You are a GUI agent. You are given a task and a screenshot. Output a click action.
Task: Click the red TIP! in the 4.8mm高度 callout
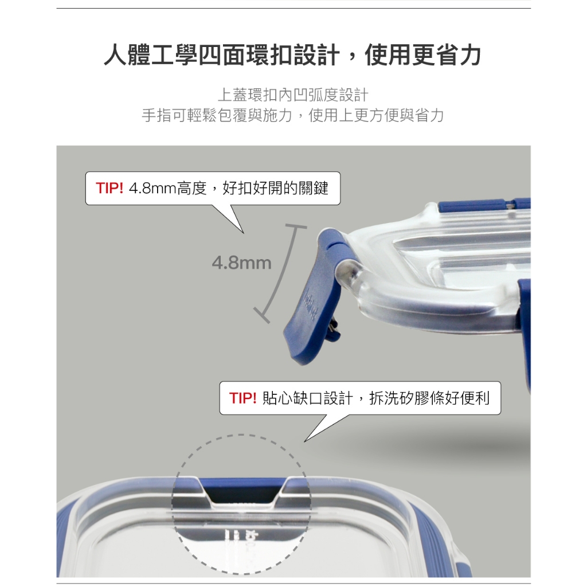[x=109, y=188]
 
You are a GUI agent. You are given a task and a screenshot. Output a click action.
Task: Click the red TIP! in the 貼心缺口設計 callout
[x=243, y=398]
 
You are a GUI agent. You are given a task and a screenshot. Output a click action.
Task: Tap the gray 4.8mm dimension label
[x=241, y=263]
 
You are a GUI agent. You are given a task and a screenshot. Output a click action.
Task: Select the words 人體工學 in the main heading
[x=151, y=56]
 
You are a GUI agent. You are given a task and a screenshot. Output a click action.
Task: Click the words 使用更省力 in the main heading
[x=423, y=56]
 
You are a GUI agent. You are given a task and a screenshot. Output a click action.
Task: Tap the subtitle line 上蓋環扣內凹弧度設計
[x=293, y=95]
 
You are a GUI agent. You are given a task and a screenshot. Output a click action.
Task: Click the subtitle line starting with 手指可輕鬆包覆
[x=293, y=116]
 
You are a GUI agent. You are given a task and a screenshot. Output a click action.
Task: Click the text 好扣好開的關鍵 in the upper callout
[x=276, y=188]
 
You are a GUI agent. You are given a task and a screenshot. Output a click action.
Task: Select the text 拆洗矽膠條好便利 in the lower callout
[x=429, y=398]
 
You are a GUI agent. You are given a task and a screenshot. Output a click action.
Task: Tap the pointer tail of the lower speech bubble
[x=326, y=426]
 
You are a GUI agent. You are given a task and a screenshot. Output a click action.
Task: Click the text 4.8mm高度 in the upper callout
[x=168, y=188]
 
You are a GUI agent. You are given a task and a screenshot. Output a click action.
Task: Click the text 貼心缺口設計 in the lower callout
[x=308, y=398]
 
